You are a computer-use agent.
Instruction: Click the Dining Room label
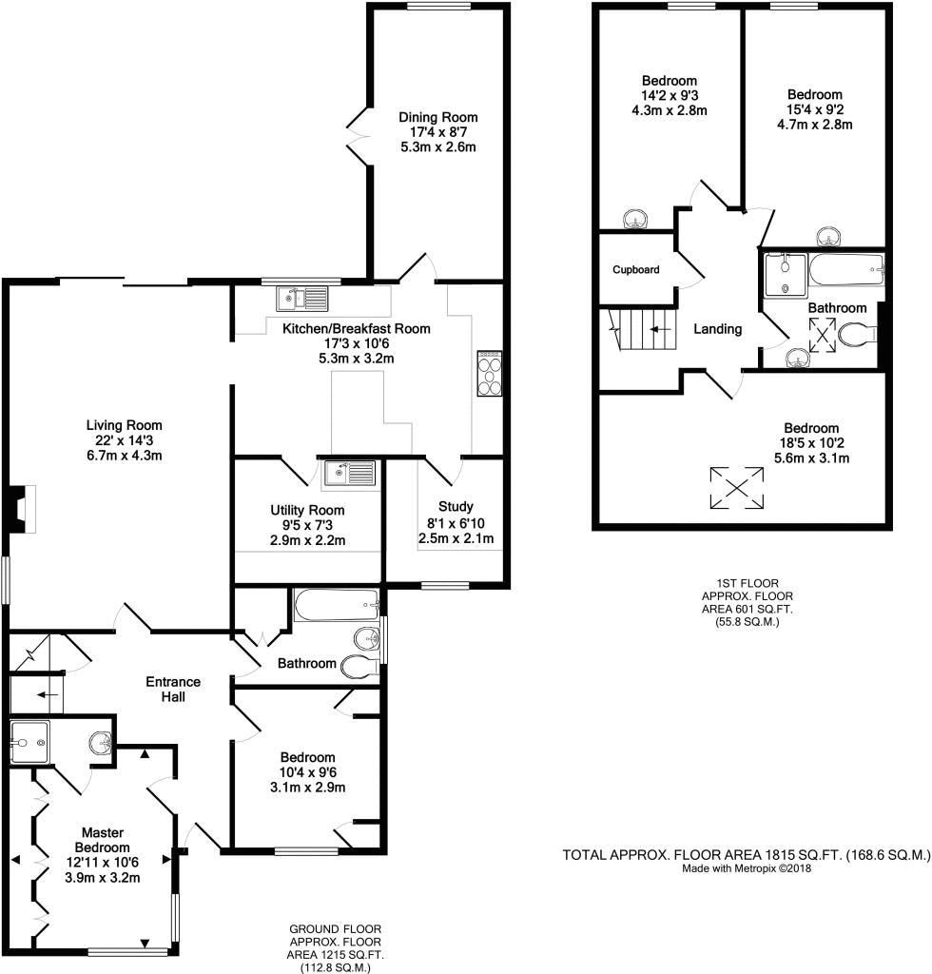tap(437, 117)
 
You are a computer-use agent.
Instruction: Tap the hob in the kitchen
tap(489, 373)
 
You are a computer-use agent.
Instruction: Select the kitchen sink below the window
tap(301, 298)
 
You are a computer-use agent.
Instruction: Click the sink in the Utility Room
tap(348, 474)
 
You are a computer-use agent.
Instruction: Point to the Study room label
tap(456, 506)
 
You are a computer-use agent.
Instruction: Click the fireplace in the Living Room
tap(23, 509)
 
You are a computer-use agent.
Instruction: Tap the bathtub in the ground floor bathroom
tap(337, 605)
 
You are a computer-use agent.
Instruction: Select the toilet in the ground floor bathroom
tap(359, 665)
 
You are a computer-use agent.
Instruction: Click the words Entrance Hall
tap(173, 689)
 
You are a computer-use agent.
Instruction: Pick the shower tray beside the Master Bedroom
tap(29, 742)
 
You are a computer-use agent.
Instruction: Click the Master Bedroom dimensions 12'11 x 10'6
tap(102, 862)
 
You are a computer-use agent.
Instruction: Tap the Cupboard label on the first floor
tap(636, 269)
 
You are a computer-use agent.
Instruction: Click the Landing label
tap(717, 328)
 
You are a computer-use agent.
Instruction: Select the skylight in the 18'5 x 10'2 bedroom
tap(737, 488)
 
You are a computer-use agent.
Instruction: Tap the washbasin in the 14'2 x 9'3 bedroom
tap(634, 219)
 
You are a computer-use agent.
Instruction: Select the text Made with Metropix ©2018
tap(747, 868)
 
